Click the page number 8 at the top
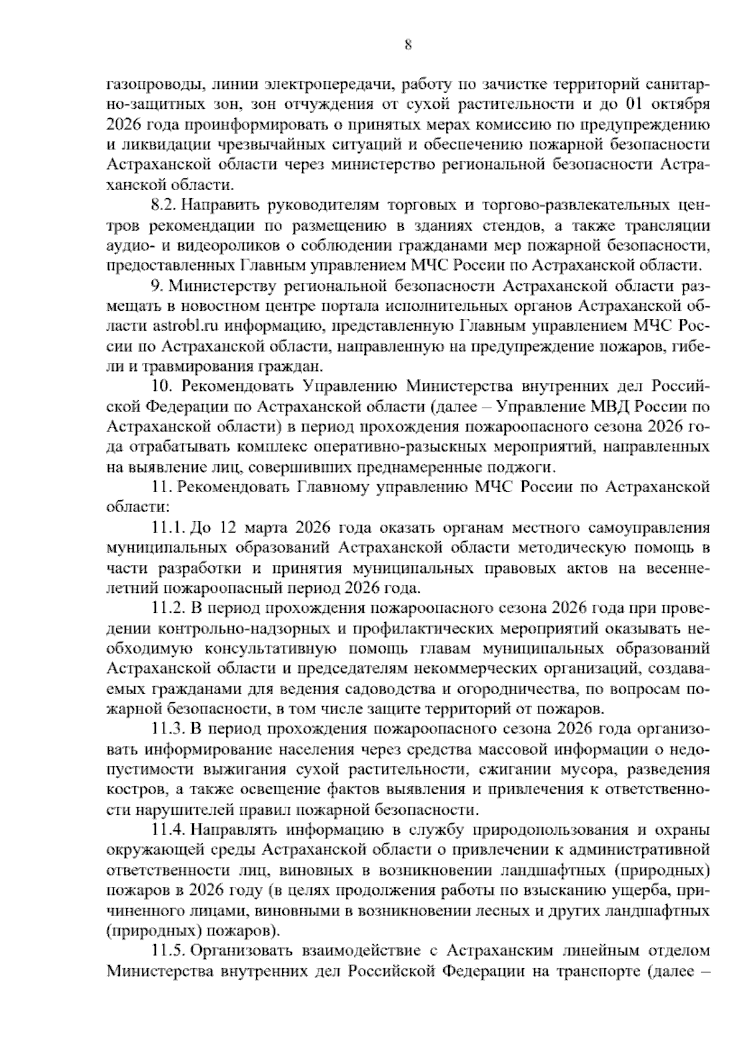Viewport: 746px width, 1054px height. click(x=408, y=45)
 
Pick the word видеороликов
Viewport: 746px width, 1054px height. click(x=223, y=245)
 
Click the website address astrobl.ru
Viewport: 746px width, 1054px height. click(x=180, y=326)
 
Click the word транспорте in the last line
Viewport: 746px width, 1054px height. click(x=594, y=971)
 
